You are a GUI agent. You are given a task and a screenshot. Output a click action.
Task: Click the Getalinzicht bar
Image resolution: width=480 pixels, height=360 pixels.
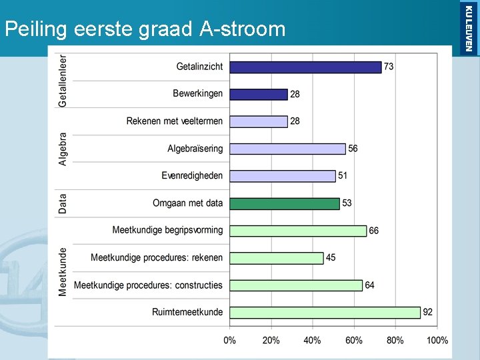pyautogui.click(x=305, y=67)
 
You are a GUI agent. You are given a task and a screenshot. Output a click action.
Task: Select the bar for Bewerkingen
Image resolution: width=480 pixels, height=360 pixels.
pyautogui.click(x=259, y=95)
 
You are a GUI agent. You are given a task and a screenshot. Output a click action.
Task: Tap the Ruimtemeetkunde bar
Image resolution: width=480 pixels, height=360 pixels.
pyautogui.click(x=325, y=313)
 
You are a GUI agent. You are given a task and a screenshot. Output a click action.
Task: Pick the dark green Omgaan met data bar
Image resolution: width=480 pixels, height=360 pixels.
pyautogui.click(x=285, y=203)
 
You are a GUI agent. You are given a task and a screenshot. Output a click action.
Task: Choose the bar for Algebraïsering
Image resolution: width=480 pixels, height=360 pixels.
pyautogui.click(x=287, y=149)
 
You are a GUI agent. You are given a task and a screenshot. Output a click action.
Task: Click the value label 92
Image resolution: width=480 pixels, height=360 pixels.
pyautogui.click(x=429, y=313)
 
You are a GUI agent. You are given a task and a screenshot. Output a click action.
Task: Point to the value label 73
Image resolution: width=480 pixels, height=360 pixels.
pyautogui.click(x=389, y=67)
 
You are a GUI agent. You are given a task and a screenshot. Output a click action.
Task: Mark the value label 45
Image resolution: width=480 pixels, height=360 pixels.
pyautogui.click(x=331, y=258)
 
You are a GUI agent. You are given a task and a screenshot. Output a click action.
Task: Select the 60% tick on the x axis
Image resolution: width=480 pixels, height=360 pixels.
pyautogui.click(x=354, y=341)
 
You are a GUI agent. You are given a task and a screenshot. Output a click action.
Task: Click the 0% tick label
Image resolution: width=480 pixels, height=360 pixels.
pyautogui.click(x=229, y=341)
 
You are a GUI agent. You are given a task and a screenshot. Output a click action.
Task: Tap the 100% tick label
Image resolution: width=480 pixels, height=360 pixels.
pyautogui.click(x=437, y=341)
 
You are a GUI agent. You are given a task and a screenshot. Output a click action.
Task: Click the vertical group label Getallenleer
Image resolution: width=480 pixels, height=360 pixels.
pyautogui.click(x=63, y=80)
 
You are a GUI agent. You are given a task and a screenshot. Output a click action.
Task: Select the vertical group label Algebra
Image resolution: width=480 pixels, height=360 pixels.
pyautogui.click(x=63, y=148)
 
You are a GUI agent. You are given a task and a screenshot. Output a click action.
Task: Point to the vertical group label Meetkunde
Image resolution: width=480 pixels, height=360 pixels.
pyautogui.click(x=63, y=272)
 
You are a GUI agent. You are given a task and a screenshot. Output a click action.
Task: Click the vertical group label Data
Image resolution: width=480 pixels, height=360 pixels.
pyautogui.click(x=63, y=203)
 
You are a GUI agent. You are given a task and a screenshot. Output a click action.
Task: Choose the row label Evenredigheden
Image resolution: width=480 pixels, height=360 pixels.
pyautogui.click(x=192, y=176)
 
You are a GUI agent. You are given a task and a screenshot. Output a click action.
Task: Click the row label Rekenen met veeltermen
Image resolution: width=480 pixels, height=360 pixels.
pyautogui.click(x=175, y=121)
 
